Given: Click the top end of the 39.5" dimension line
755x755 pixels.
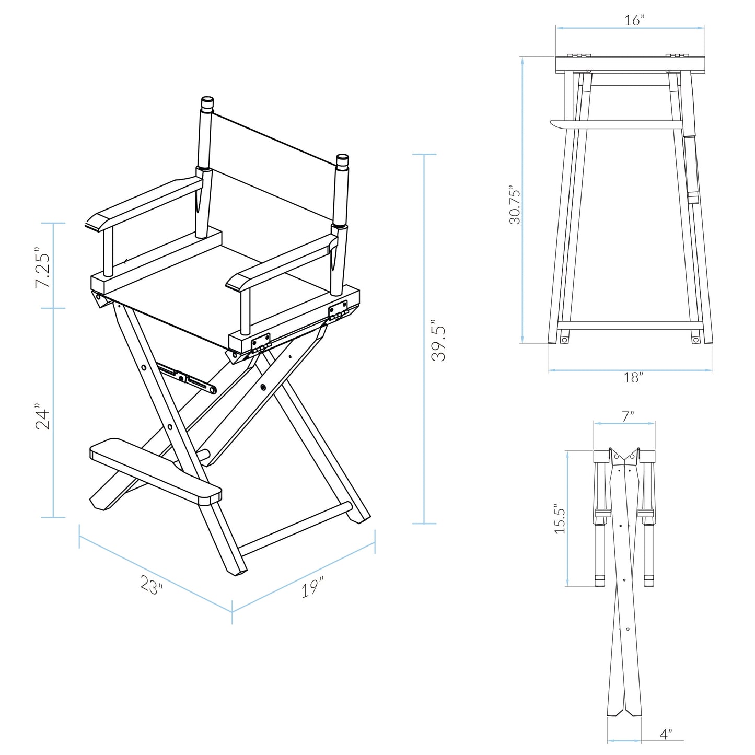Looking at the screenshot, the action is click(424, 154).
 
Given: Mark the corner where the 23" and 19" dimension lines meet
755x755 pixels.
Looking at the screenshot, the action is click(232, 612).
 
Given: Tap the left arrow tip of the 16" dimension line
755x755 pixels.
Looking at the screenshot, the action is click(557, 28).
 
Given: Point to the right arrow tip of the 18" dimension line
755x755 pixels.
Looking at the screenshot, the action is click(712, 370).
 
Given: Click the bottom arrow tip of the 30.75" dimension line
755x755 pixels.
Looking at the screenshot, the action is click(522, 343).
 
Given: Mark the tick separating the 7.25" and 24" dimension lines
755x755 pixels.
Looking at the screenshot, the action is click(53, 308).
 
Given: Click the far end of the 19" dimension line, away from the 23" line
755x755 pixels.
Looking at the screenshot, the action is click(375, 542).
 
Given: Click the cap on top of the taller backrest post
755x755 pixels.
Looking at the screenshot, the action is click(207, 103).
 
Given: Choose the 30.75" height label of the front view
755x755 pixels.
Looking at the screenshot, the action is click(515, 204).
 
